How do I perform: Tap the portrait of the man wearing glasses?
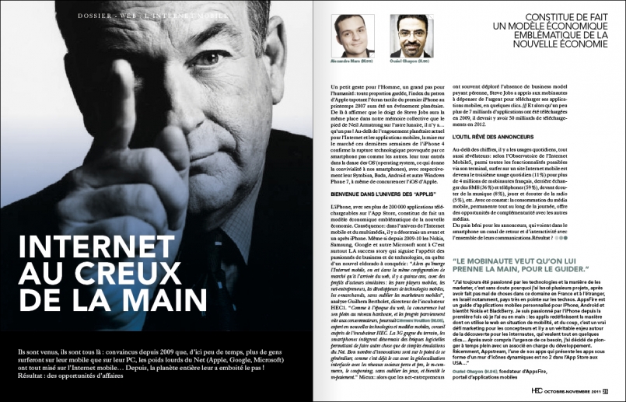(410, 33)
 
